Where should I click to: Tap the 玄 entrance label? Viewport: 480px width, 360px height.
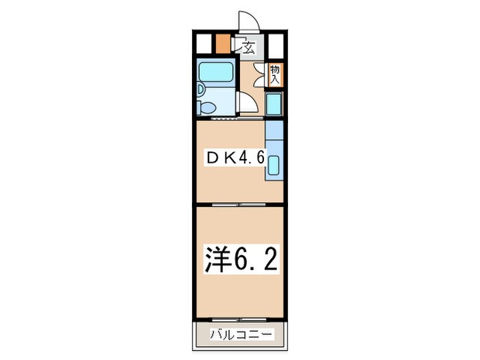pos(249,47)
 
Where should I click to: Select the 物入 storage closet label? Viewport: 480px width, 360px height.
pos(275,74)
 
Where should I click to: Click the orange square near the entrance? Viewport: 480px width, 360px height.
pos(222,44)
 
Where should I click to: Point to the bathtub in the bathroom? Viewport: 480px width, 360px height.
pos(216,71)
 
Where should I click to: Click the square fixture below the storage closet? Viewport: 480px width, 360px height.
pos(274,105)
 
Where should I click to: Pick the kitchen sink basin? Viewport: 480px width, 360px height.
pos(274,166)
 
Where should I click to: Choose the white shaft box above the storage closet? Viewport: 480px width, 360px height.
pos(276,44)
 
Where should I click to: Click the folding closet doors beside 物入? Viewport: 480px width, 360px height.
pos(259,74)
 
